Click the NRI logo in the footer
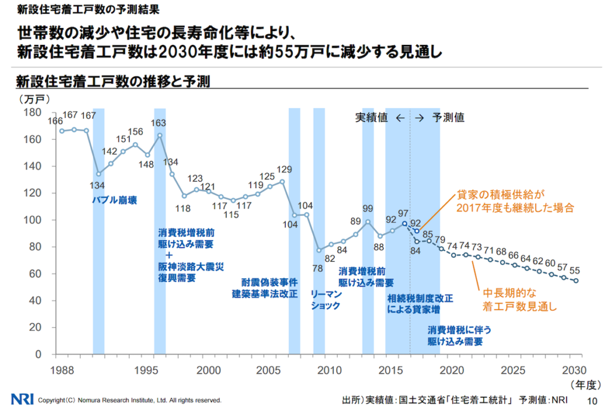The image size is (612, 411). point(22,399)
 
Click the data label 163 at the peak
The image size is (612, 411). point(158,123)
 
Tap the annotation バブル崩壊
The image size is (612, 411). point(114,201)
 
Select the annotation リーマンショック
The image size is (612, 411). point(326,300)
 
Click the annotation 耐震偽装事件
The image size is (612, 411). point(270,281)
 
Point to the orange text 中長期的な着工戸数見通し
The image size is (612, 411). point(519,300)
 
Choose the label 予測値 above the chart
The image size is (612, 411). point(448,118)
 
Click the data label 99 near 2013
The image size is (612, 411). point(368,208)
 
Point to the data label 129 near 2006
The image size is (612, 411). point(284,169)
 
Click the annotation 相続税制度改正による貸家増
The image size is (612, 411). point(420,303)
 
